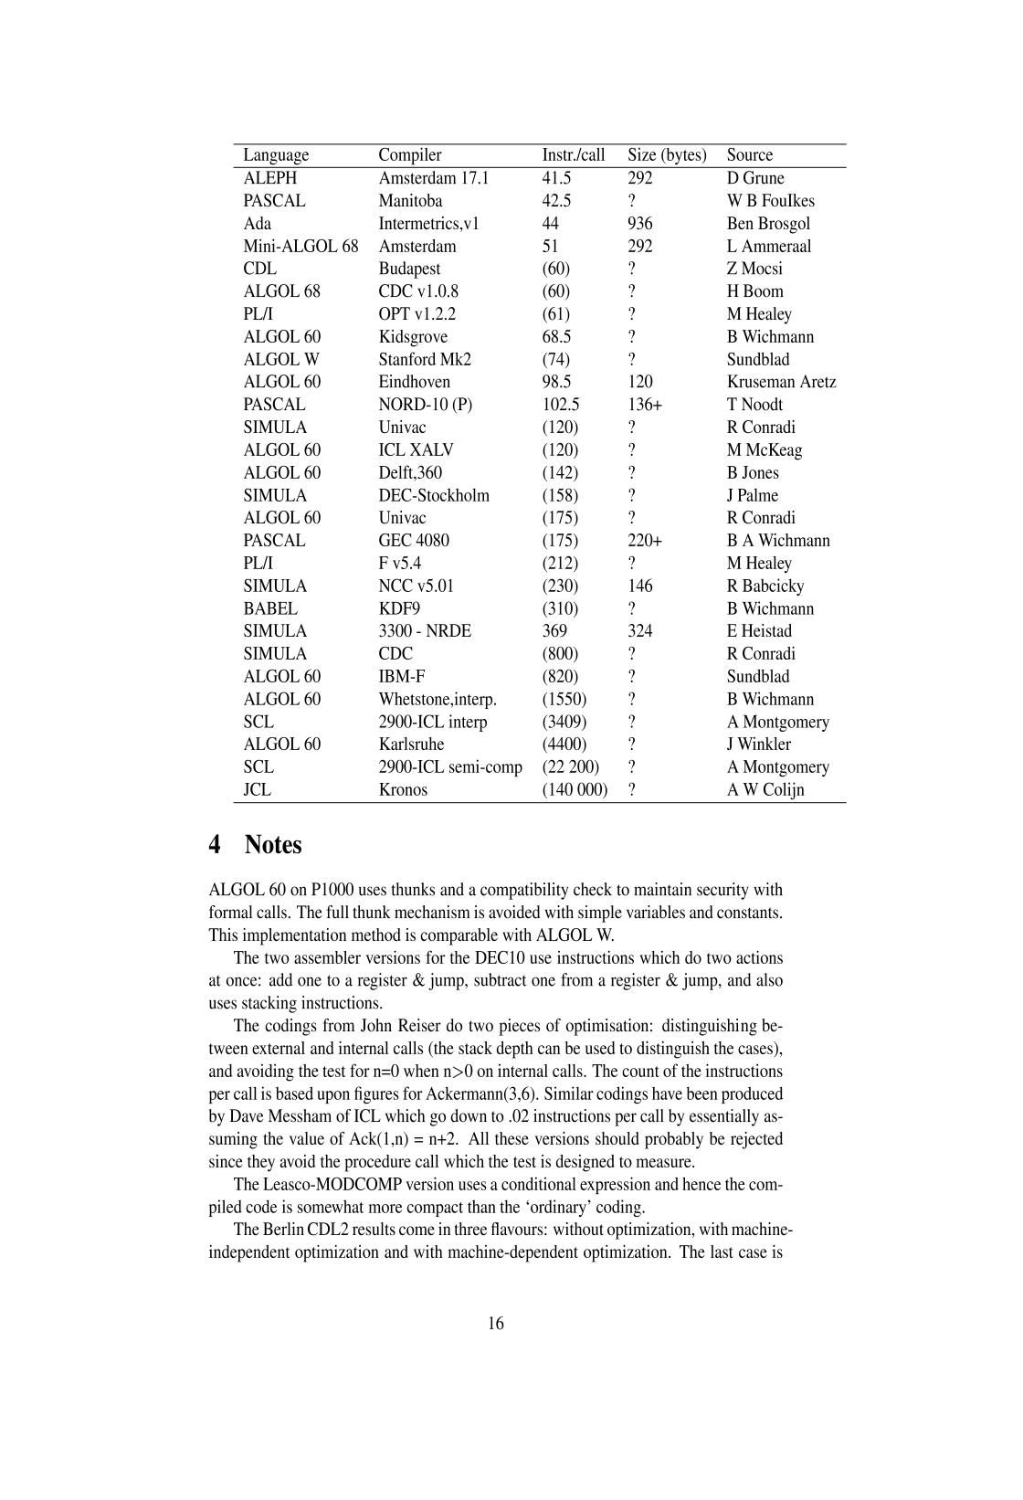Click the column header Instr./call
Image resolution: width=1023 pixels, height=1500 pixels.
pos(573,155)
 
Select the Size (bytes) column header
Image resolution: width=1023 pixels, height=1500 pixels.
pos(667,155)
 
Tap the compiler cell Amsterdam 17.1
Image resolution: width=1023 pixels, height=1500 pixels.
pos(433,178)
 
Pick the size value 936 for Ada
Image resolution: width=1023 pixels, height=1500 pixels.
pos(639,224)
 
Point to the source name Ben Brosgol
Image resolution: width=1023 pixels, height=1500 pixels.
pos(768,224)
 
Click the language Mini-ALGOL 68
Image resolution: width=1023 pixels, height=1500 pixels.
pos(301,247)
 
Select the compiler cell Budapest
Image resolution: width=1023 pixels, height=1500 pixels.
pos(409,269)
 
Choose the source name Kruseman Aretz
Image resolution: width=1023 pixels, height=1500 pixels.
pos(781,382)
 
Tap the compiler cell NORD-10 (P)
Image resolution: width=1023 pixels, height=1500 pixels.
pos(425,405)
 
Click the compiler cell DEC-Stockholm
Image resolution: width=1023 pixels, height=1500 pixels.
pos(434,495)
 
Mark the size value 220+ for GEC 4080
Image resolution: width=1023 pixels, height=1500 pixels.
pos(644,541)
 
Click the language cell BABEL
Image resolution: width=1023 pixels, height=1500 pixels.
pos(269,608)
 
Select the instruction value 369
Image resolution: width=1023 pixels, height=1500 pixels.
pos(554,631)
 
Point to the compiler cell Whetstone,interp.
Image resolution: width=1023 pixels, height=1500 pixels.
pos(438,700)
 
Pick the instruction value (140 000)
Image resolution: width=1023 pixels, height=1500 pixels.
pos(575,790)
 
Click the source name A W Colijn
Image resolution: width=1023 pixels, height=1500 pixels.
pos(765,790)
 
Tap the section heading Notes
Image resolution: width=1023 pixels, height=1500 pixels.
pos(272,845)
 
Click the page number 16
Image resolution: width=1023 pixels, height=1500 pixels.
pos(496,1324)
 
